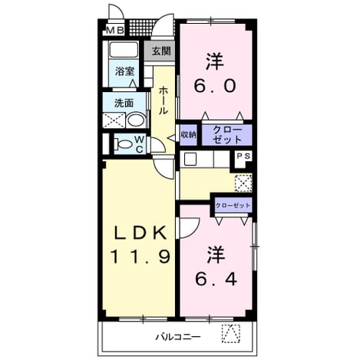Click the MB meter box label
pos(115,31)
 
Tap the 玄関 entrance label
pos(161,51)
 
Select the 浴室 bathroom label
pos(124,71)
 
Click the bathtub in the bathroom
pos(124,49)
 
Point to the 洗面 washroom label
pos(124,103)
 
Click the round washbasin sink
pos(137,120)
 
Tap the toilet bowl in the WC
pos(123,144)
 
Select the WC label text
pos(140,144)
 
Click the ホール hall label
pos(163,100)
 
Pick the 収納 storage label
pos(189,134)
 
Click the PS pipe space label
pos(243,157)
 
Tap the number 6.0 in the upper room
pos(214,86)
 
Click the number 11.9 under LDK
pos(140,256)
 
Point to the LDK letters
pos(140,233)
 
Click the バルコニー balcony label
pos(178,337)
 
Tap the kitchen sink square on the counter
pos(190,159)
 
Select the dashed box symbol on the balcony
pos(231,333)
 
